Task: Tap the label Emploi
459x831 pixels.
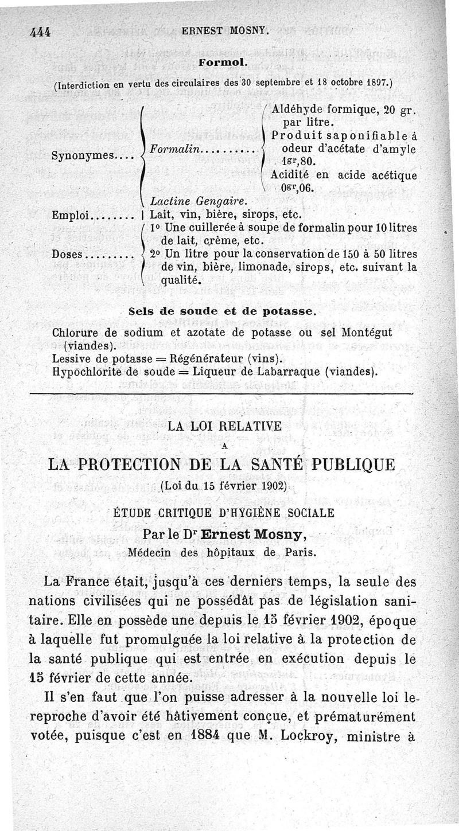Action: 69,216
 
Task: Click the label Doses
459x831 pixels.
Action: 68,254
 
